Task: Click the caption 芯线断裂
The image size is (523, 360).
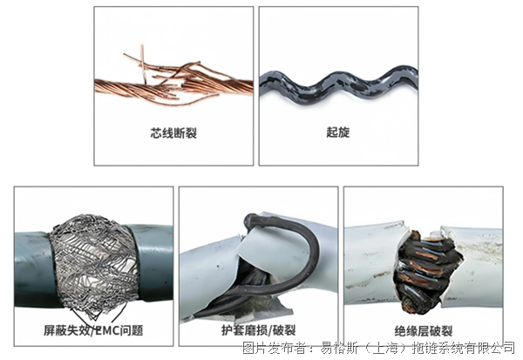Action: coord(173,132)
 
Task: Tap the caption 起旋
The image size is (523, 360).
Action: coord(338,132)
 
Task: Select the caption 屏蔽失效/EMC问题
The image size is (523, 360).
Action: coord(93,330)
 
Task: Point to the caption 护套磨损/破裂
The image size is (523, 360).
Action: coord(259,330)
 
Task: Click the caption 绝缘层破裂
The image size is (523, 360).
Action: coord(424,331)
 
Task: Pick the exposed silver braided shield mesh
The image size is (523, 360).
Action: coord(95,263)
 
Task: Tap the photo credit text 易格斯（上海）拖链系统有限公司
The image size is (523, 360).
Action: coord(418,349)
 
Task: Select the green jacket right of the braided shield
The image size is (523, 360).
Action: coord(153,262)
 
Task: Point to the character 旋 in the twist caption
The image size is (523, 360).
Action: coord(344,132)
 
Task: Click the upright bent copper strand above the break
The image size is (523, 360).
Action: coord(143,64)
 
